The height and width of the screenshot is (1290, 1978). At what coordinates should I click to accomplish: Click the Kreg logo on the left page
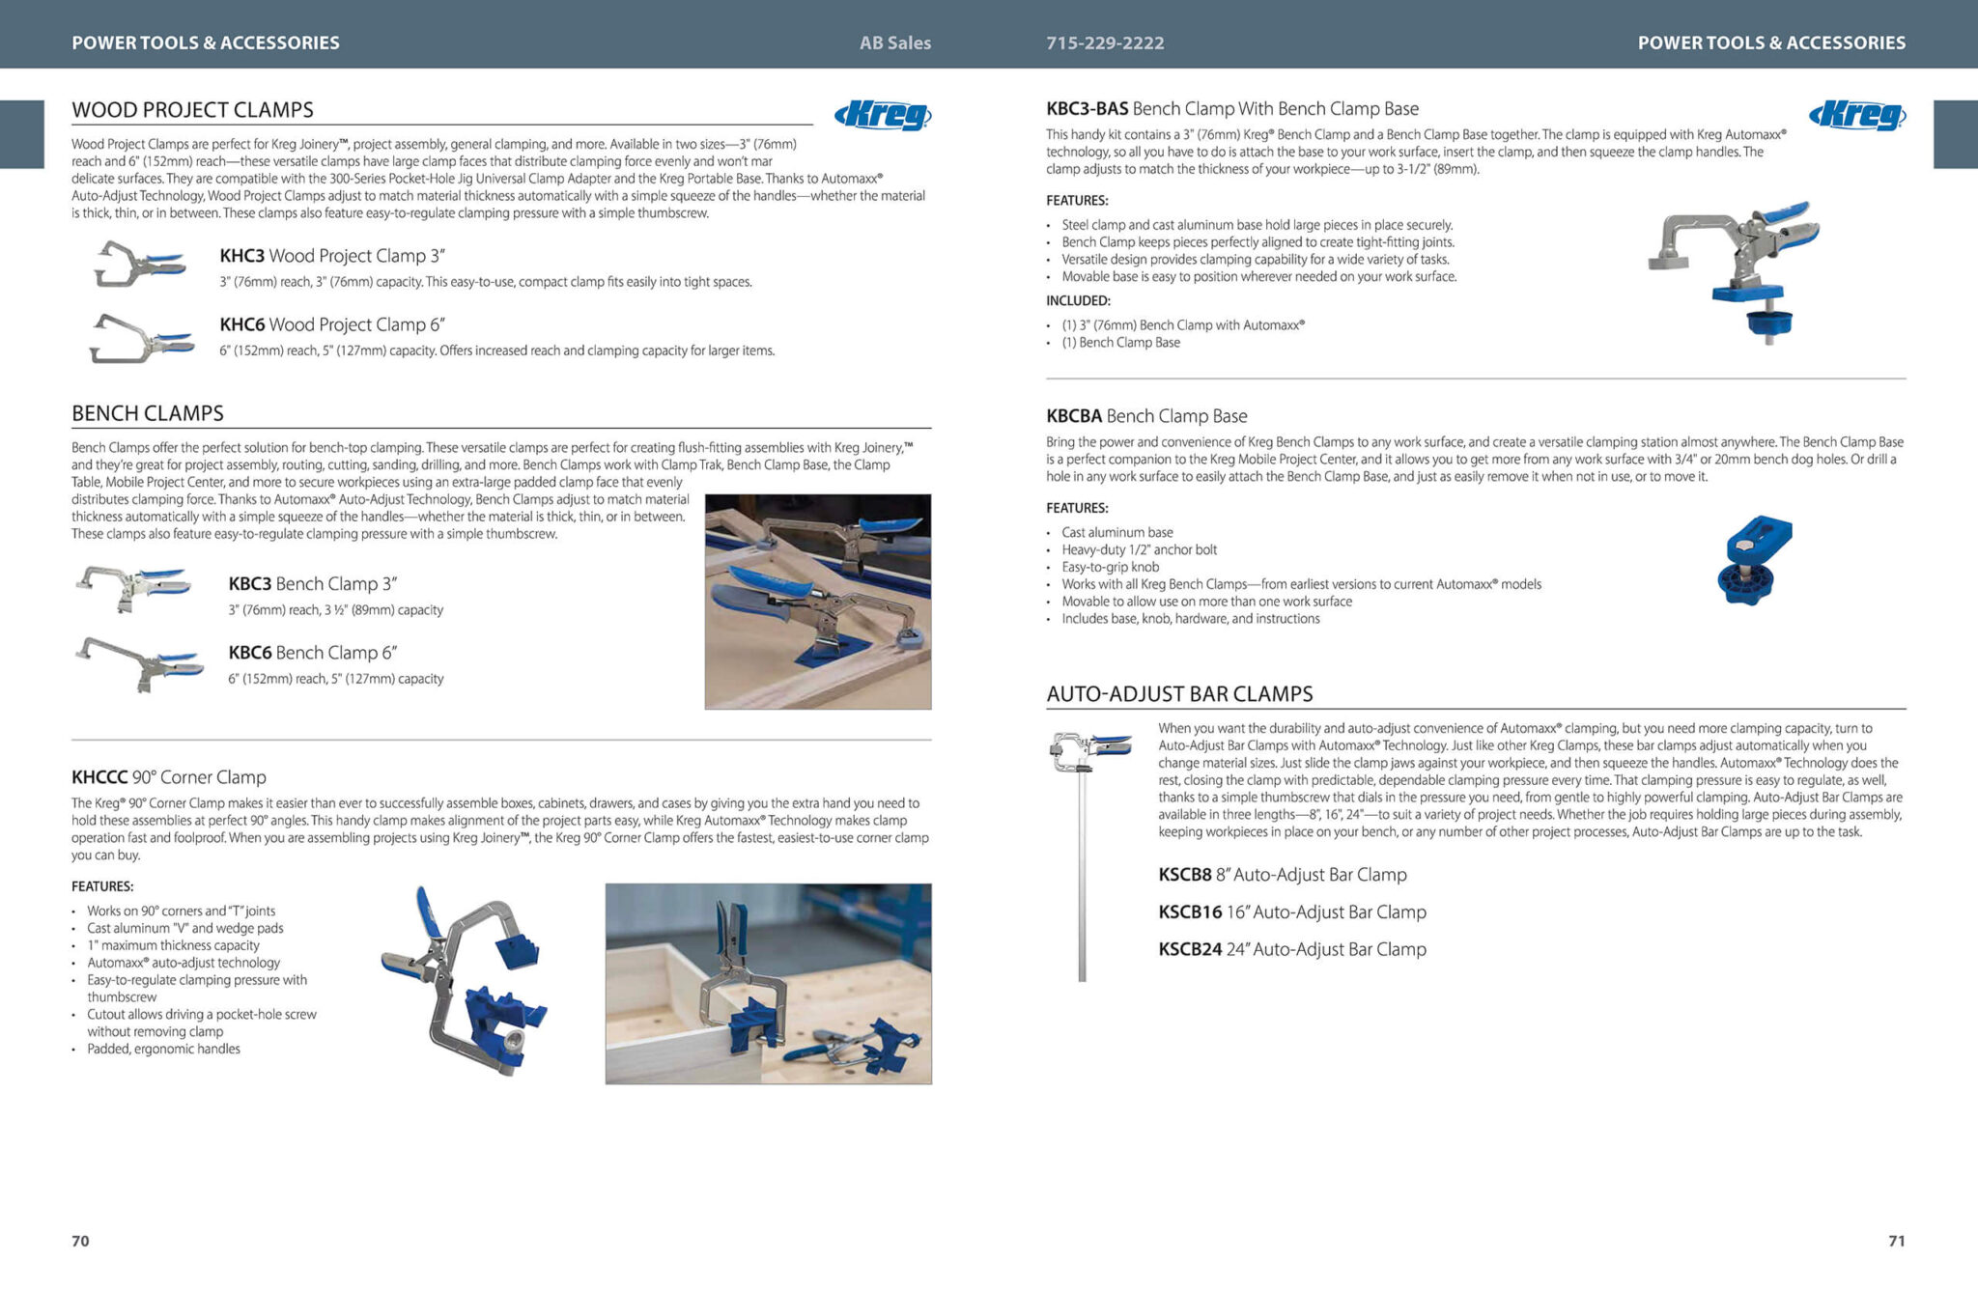883,116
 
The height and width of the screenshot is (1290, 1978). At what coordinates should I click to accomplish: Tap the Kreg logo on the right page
1857,116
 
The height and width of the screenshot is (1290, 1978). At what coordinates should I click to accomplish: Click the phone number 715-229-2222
1105,42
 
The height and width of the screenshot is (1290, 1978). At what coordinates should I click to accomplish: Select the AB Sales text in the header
895,42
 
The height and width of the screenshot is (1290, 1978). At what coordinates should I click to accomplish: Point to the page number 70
80,1241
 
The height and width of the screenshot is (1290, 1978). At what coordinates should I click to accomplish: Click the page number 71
1896,1241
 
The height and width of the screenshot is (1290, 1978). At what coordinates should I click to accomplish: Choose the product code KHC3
241,256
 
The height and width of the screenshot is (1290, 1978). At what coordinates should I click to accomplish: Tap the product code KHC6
241,324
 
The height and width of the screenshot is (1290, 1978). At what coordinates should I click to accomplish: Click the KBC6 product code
250,653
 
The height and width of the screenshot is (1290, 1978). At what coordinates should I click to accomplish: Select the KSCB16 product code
1190,912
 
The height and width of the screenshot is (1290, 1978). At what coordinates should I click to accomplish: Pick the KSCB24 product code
1190,949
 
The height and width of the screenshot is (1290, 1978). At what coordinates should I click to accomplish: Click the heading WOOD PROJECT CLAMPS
192,110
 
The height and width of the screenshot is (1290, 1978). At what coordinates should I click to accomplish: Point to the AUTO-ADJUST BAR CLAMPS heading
1179,694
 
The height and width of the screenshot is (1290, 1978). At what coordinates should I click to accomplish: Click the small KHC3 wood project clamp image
139,264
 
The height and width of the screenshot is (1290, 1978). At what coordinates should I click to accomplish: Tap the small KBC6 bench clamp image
139,662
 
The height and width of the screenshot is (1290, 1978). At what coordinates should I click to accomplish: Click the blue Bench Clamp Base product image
1754,560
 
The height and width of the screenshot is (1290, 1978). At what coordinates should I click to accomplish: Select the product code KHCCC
99,777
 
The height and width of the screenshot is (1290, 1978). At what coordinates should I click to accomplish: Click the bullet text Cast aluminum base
1116,533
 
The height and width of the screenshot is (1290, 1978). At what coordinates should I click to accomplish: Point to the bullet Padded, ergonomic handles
163,1050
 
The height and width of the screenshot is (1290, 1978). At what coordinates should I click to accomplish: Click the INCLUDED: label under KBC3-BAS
1078,301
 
